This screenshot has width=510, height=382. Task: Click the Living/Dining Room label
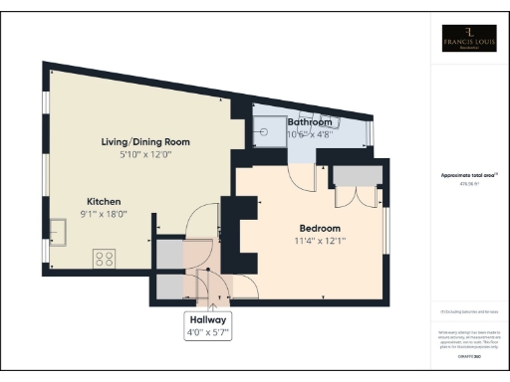click(145, 142)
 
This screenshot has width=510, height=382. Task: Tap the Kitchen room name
click(105, 199)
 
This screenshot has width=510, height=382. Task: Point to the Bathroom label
click(310, 122)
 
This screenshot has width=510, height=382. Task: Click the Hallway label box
click(209, 326)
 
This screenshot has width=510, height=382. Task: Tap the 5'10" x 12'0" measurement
click(145, 155)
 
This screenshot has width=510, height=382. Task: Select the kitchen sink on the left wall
click(59, 234)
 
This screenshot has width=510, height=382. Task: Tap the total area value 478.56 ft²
click(468, 183)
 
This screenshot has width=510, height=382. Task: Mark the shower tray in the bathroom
click(268, 126)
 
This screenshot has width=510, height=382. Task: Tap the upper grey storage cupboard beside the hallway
click(169, 251)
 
